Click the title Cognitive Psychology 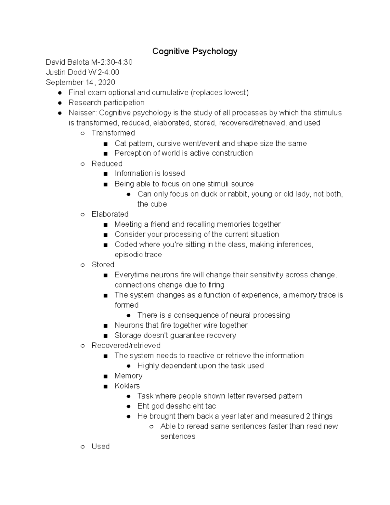pos(195,51)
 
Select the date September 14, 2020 pos(80,82)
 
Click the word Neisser pos(82,113)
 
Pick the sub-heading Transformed pos(113,133)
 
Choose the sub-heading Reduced pos(107,164)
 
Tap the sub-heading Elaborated pos(110,214)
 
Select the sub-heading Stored pos(103,265)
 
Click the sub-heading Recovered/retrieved pos(126,345)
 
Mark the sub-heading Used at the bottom pos(100,446)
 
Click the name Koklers pos(127,386)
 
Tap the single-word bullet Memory pos(128,376)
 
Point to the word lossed pos(174,173)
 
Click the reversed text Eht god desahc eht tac pos(176,406)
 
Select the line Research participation pos(106,103)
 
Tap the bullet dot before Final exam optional pos(60,93)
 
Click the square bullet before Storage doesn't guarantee pos(105,336)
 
